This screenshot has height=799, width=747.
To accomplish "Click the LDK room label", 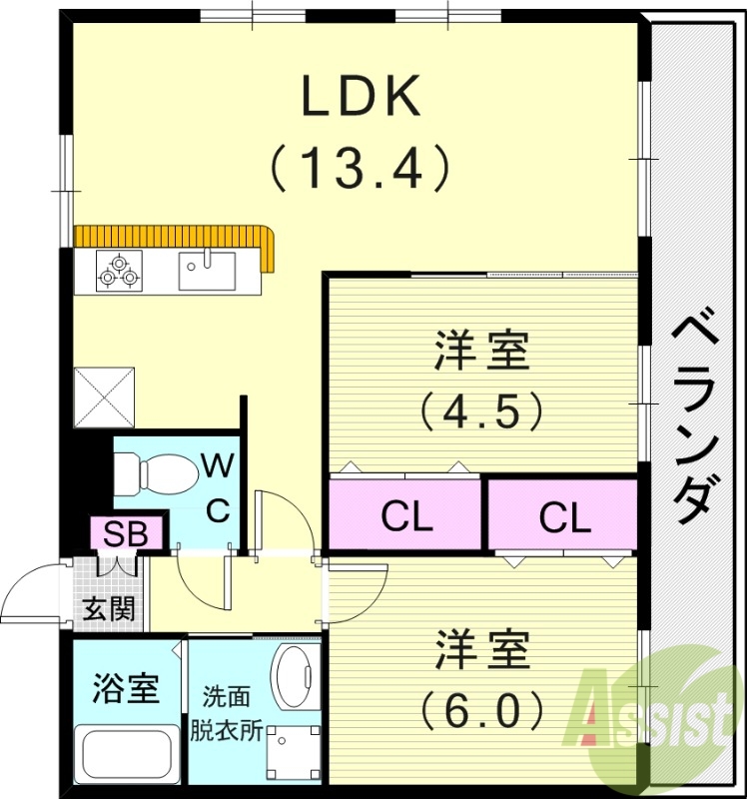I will click(362, 98).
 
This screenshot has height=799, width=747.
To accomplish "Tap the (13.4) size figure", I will click(362, 167).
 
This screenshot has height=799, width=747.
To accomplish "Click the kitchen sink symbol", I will click(207, 270).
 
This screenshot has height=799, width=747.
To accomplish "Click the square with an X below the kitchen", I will click(104, 396).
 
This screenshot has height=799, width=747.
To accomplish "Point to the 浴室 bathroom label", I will click(125, 688).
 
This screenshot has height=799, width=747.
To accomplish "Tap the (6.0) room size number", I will click(481, 711).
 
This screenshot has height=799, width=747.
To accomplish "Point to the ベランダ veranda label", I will click(693, 419).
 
